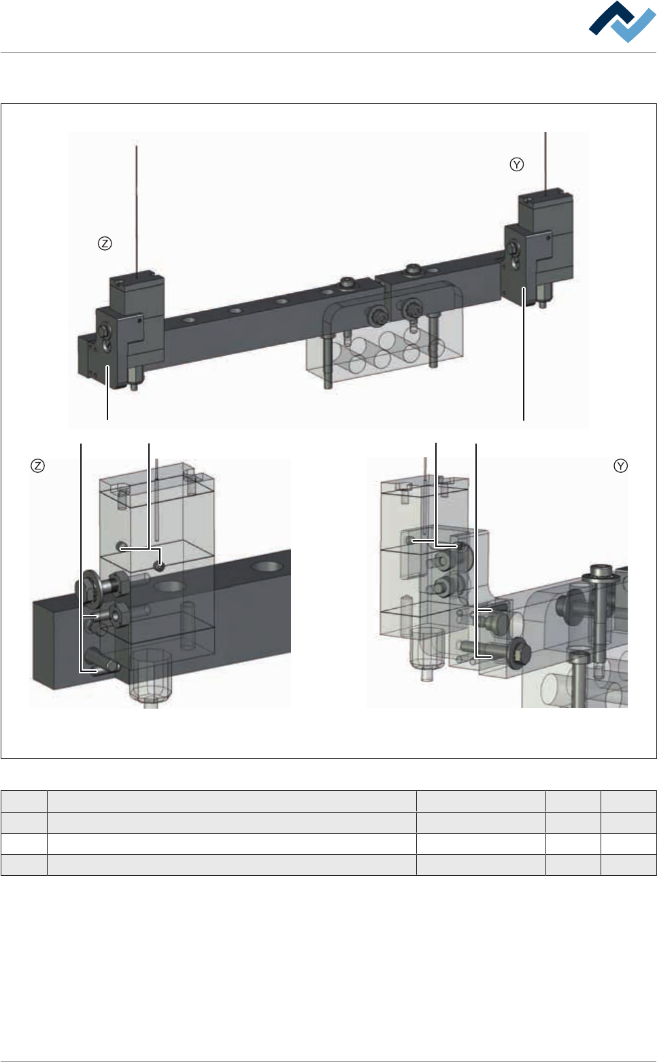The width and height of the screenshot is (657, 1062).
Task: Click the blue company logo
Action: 622,21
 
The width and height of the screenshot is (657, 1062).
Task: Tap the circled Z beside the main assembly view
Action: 105,244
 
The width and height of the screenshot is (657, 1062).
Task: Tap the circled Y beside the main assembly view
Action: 516,164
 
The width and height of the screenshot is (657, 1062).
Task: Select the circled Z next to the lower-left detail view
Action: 37,465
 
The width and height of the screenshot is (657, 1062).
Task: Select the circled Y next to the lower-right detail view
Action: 620,465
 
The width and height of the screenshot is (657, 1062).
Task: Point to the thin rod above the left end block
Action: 137,211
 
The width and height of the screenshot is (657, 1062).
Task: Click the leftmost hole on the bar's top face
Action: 189,320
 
